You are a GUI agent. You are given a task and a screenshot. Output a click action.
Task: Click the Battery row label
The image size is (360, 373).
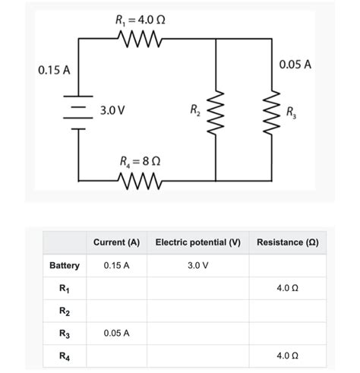click(65, 266)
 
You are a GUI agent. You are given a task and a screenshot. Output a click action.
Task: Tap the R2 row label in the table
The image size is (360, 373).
click(65, 311)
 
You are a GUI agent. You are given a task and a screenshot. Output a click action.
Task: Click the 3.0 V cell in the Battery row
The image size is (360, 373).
click(197, 266)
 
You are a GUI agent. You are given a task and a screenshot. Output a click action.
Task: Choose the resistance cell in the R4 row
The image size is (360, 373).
click(287, 356)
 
